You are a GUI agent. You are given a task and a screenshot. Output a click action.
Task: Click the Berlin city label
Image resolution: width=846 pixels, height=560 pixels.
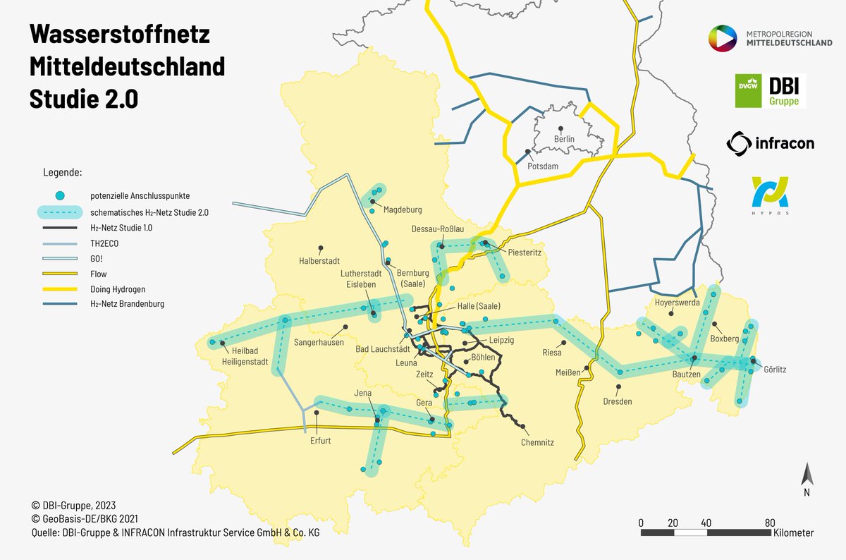(564, 139)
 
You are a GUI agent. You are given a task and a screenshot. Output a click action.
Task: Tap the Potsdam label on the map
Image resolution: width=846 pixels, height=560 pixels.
(543, 166)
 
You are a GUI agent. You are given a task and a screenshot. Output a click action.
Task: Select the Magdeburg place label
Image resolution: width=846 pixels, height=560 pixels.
(402, 210)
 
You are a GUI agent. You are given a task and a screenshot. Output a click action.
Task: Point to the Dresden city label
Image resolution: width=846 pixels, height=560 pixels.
(618, 401)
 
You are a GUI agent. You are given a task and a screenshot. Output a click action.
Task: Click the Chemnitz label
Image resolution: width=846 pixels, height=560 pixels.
(537, 443)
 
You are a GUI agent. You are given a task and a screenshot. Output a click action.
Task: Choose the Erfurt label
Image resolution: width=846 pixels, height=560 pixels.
(320, 441)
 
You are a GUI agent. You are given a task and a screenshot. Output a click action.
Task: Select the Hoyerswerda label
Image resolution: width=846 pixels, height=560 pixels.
(678, 303)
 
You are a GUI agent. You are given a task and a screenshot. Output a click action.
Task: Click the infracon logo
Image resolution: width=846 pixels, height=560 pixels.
(770, 144)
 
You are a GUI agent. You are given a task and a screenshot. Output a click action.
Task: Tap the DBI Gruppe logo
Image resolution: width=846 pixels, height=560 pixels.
(770, 91)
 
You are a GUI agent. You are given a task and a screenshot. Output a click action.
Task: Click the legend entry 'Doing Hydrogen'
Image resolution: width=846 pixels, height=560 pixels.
(118, 289)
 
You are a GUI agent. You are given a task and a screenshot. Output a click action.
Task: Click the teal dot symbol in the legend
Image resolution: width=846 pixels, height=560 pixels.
(61, 195)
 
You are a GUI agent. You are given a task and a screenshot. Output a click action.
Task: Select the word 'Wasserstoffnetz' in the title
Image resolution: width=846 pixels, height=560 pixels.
(119, 35)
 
